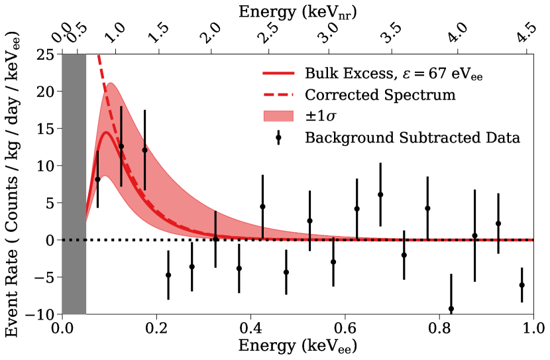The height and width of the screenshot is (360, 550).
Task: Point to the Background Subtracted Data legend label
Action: coord(412,138)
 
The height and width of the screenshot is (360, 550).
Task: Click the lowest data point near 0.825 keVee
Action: coord(451,309)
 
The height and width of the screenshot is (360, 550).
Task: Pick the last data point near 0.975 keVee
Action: coord(522,285)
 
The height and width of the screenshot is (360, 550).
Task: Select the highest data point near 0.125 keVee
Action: coord(121,146)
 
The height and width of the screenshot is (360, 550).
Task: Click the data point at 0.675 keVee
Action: coord(380,194)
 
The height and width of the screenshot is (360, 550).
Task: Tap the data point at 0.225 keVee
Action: coord(168,275)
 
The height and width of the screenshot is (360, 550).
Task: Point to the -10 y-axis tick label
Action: coord(44,314)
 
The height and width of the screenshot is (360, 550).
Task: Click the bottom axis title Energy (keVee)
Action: coord(298,346)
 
